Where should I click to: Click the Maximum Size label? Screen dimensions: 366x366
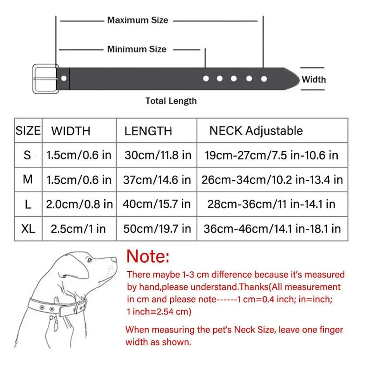click(138, 20)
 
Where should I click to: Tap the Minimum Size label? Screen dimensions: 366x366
click(136, 49)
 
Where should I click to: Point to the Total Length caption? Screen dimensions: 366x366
click(171, 101)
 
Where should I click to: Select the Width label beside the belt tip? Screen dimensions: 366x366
click(313, 80)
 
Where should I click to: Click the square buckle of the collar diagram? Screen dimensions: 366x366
click(45, 79)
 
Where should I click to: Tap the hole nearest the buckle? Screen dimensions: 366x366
click(64, 79)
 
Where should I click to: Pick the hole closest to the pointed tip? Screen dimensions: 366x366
click(264, 79)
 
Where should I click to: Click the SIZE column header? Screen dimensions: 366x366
click(28, 130)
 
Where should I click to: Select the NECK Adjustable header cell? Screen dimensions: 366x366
click(256, 131)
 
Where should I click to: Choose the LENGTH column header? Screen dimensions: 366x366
click(148, 131)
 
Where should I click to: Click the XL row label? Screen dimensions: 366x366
click(28, 228)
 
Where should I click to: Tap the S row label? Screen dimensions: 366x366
click(27, 155)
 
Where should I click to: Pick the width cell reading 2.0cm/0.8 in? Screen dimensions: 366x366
click(79, 204)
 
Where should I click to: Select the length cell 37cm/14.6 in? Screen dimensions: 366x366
click(157, 180)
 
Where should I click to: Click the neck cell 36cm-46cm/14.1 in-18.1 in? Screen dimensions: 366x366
click(272, 228)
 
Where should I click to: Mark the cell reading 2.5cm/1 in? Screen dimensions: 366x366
click(78, 228)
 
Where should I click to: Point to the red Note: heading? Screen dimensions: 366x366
click(148, 256)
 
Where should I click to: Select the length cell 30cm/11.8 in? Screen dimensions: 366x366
click(158, 155)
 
